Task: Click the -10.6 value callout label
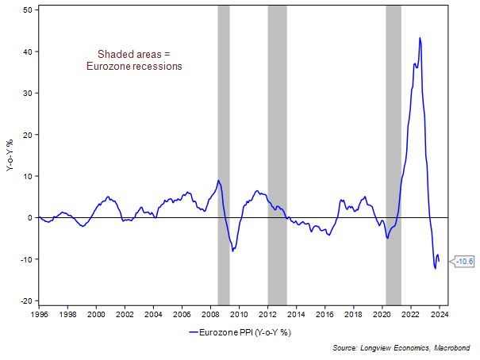465,261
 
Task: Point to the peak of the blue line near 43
420,38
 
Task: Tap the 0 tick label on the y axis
29,217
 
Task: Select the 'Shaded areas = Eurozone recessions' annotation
134,60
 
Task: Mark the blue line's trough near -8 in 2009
233,251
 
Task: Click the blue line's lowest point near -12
435,268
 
